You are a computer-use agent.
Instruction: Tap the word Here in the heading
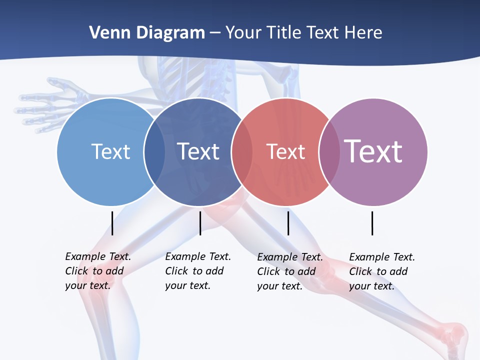(x=363, y=32)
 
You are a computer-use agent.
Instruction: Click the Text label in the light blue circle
(x=110, y=151)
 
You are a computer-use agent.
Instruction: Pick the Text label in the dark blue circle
(x=198, y=151)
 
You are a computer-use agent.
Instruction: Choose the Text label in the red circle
(x=285, y=151)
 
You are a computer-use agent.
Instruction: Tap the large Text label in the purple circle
(x=373, y=151)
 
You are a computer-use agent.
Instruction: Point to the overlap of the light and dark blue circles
(x=154, y=152)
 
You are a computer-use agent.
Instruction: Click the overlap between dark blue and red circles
(x=242, y=152)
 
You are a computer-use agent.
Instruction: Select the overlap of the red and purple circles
(x=329, y=152)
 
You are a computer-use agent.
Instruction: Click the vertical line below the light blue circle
(x=112, y=223)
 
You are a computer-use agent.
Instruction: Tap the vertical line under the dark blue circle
(x=200, y=223)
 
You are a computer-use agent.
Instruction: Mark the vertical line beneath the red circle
(x=288, y=223)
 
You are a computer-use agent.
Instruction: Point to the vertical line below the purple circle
(x=372, y=223)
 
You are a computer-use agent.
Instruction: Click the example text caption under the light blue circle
(x=97, y=271)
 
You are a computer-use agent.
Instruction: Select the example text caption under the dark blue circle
(x=197, y=271)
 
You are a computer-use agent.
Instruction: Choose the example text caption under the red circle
(x=289, y=271)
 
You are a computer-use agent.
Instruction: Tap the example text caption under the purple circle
(x=381, y=271)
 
